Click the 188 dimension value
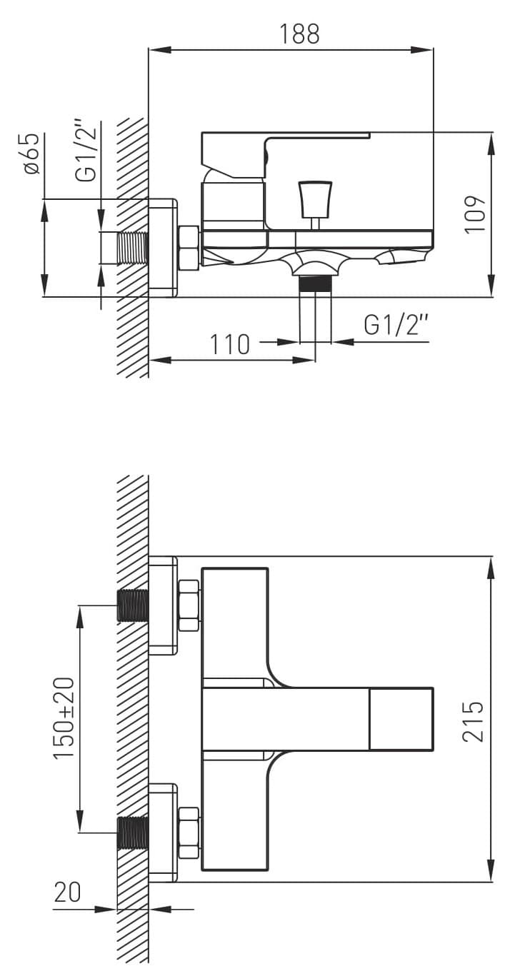299,34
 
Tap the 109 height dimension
475,215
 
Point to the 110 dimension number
230,345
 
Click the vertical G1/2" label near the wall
86,151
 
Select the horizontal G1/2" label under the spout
396,325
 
